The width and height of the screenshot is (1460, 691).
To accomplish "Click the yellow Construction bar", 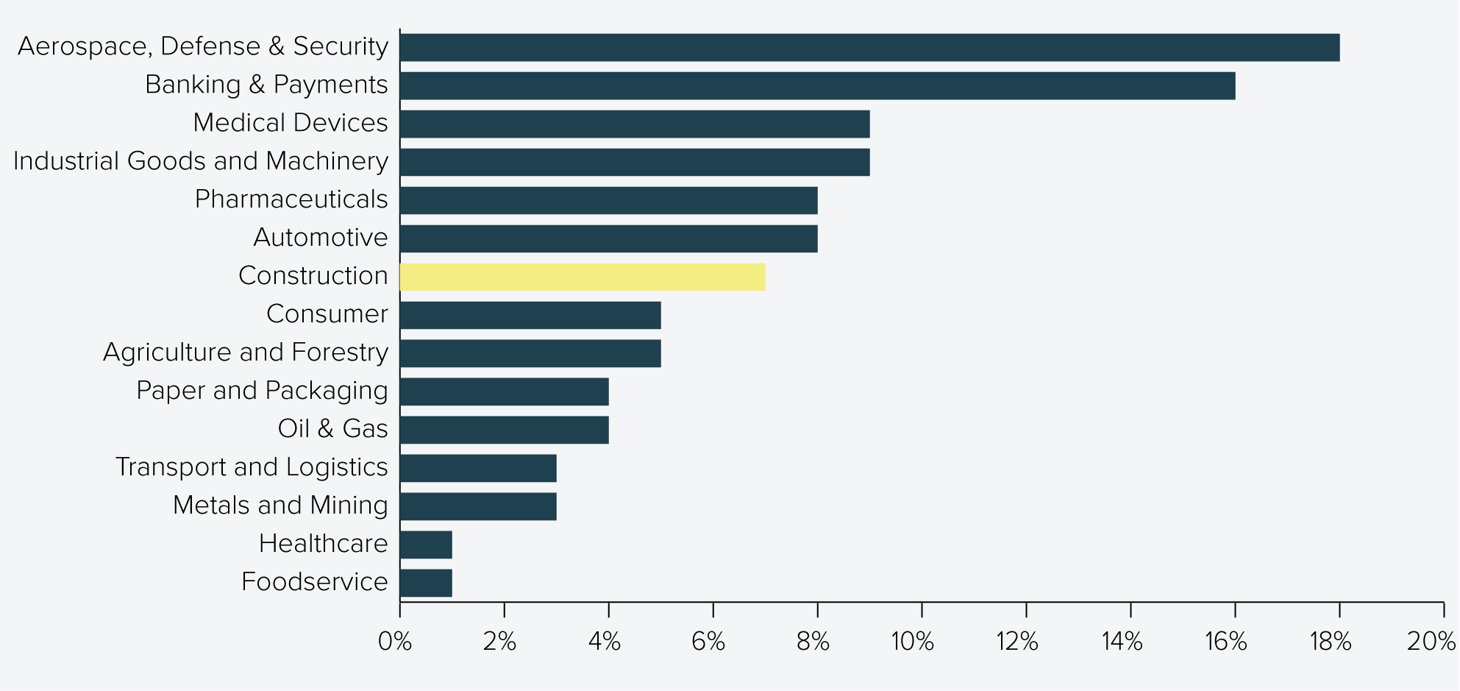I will pyautogui.click(x=583, y=277).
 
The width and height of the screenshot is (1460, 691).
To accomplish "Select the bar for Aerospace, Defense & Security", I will pyautogui.click(x=869, y=47).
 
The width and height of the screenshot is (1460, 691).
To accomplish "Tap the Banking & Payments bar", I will pyautogui.click(x=817, y=85).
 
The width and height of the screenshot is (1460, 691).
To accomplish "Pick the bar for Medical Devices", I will pyautogui.click(x=635, y=124).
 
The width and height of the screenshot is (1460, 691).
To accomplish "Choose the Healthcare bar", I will pyautogui.click(x=426, y=545).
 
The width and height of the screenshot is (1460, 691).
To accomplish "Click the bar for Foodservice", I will pyautogui.click(x=426, y=583).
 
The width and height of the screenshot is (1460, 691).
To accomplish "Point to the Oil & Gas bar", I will pyautogui.click(x=505, y=430).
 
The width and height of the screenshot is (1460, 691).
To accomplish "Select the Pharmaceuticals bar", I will pyautogui.click(x=608, y=200).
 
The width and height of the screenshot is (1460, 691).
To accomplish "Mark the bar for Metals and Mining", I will pyautogui.click(x=478, y=506).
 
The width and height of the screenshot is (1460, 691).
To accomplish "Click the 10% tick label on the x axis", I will pyautogui.click(x=913, y=642).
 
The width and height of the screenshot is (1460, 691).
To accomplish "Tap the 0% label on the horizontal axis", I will pyautogui.click(x=395, y=642).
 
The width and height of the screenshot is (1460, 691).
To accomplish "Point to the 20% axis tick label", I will pyautogui.click(x=1431, y=642).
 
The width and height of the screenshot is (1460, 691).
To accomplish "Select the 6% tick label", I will pyautogui.click(x=708, y=642).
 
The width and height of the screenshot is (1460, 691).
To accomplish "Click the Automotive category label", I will pyautogui.click(x=320, y=237).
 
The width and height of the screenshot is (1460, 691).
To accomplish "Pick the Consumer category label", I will pyautogui.click(x=327, y=313).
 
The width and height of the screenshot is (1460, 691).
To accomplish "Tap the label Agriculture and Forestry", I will pyautogui.click(x=245, y=352).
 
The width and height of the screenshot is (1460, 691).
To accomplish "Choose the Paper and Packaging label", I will pyautogui.click(x=262, y=391).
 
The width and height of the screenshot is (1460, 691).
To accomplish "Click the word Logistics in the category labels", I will pyautogui.click(x=337, y=467).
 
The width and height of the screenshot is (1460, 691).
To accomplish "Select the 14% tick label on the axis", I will pyautogui.click(x=1122, y=642).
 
